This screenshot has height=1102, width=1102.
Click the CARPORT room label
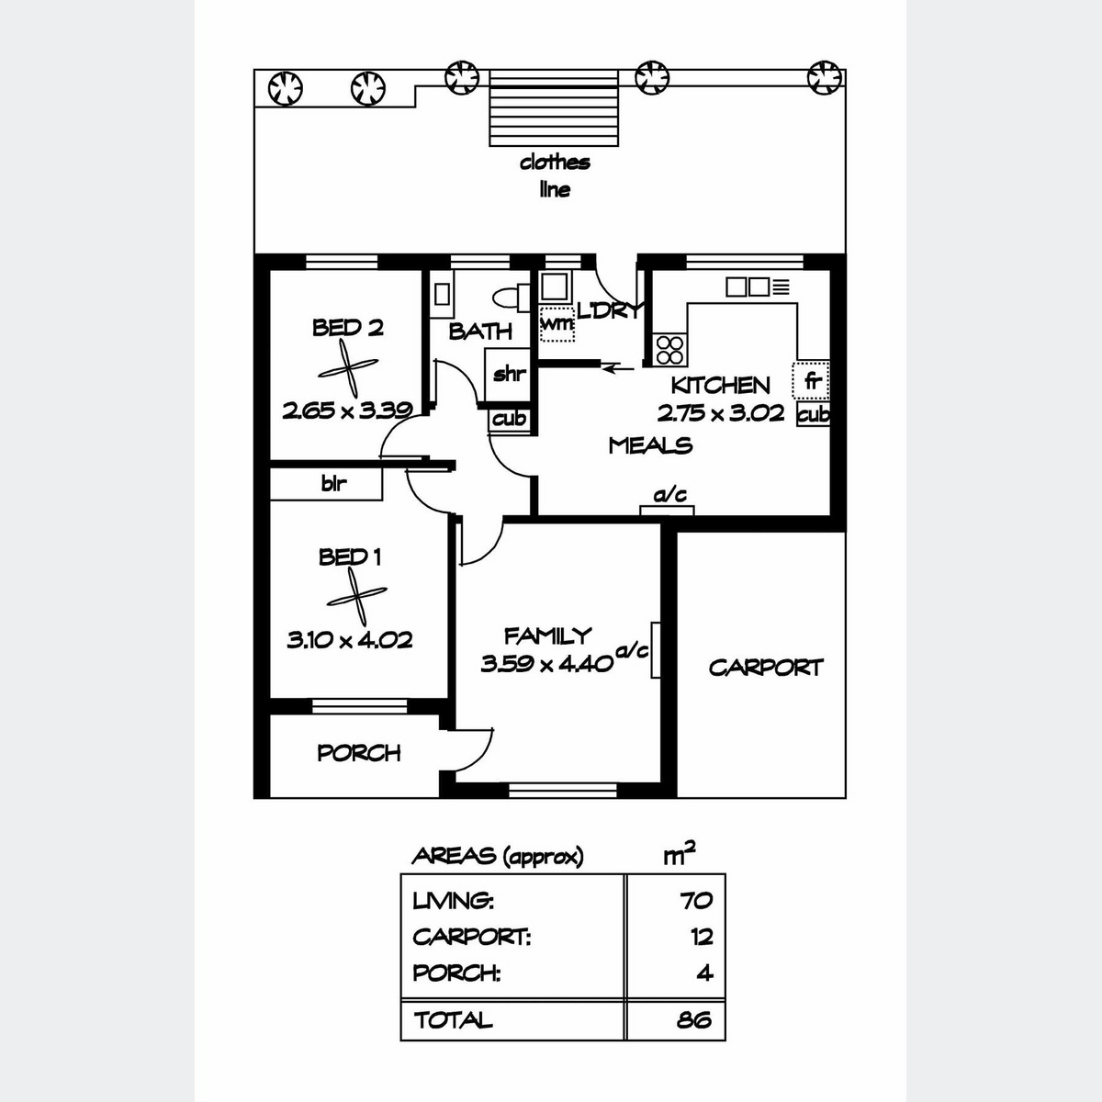click(x=766, y=668)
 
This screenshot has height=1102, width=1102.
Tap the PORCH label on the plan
click(x=358, y=753)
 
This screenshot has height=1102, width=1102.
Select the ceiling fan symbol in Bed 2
click(x=348, y=367)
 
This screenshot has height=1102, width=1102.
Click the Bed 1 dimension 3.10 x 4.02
click(x=349, y=640)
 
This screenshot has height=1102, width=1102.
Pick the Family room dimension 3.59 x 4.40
click(x=546, y=664)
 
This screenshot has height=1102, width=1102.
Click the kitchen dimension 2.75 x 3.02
click(x=721, y=413)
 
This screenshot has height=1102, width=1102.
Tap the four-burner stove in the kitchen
click(x=669, y=349)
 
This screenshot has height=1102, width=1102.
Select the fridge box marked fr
click(x=810, y=380)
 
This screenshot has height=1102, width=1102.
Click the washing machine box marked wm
click(x=557, y=324)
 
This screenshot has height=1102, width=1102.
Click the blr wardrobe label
click(x=334, y=484)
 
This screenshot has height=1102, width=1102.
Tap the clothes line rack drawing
click(x=554, y=108)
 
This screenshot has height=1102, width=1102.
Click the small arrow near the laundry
click(x=618, y=369)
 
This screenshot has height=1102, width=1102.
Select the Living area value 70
click(x=696, y=901)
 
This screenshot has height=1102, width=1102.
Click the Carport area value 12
click(x=702, y=937)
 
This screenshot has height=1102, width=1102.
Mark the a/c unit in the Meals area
click(x=667, y=510)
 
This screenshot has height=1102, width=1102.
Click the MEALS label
click(x=650, y=445)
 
